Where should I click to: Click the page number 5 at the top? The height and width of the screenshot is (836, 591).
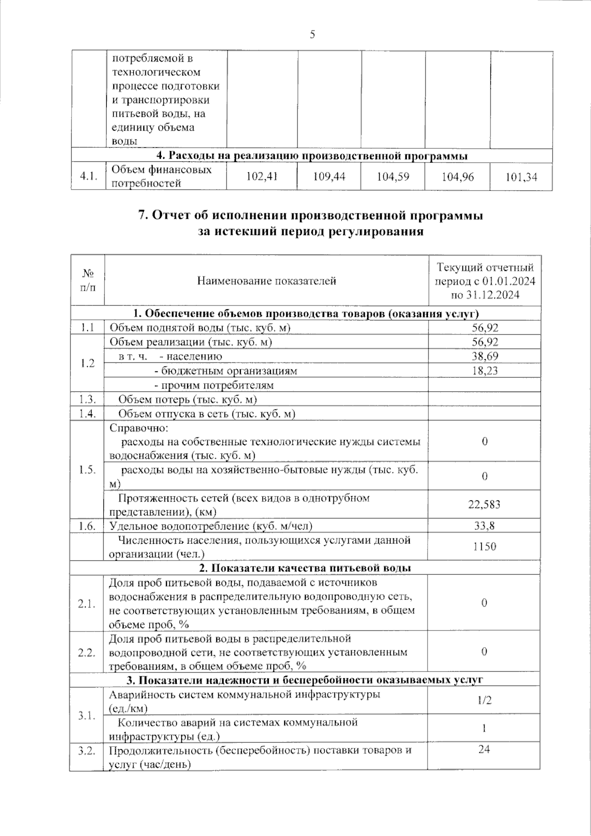[x=312, y=34]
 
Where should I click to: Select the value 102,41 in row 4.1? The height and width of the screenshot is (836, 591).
[x=262, y=176]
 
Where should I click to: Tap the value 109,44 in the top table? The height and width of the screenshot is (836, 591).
[x=329, y=176]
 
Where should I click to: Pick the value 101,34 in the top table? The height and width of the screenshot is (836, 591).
[x=521, y=176]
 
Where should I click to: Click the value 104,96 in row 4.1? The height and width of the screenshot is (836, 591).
[x=458, y=176]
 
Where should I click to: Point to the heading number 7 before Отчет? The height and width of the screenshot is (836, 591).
[x=142, y=215]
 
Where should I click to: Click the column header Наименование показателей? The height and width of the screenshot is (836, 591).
[x=266, y=281]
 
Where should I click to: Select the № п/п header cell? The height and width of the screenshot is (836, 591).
[x=88, y=281]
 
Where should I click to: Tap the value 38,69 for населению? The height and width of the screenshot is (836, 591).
[x=485, y=356]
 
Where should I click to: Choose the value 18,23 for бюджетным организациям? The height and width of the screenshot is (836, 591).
[x=485, y=370]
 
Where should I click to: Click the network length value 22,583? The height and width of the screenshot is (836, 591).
[x=485, y=504]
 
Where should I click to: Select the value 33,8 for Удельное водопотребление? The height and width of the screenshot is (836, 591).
[x=485, y=526]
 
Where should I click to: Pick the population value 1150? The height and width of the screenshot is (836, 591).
[x=485, y=546]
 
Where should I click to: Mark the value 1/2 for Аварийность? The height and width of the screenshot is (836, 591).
[x=485, y=700]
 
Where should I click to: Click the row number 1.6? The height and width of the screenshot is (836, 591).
[x=87, y=526]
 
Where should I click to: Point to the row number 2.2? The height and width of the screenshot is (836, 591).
[x=87, y=652]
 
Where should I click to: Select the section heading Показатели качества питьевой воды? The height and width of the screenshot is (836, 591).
[x=305, y=568]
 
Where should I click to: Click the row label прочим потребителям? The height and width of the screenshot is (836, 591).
[x=214, y=385]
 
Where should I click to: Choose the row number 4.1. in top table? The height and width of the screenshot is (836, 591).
[x=88, y=176]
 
